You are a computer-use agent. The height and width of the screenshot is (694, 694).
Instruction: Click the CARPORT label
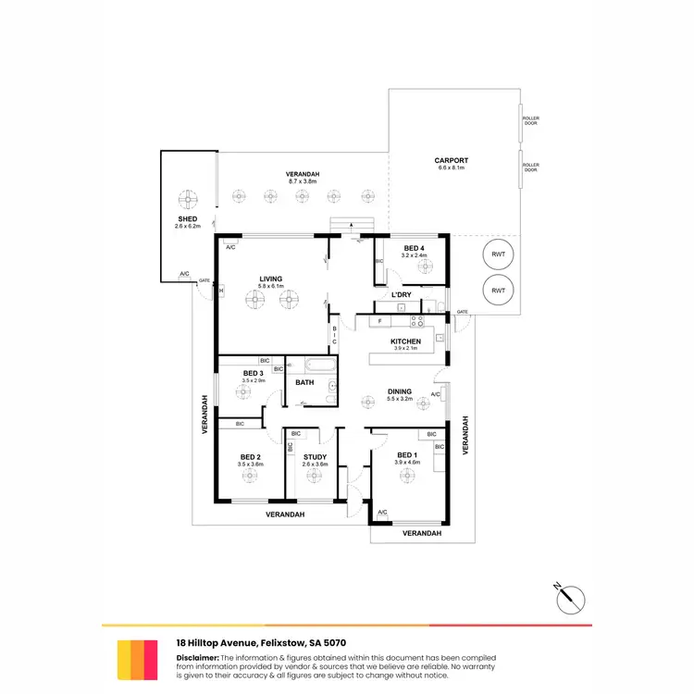(451, 160)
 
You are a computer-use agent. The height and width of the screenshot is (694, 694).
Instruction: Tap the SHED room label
(187, 219)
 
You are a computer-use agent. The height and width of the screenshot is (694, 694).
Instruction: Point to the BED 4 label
(414, 248)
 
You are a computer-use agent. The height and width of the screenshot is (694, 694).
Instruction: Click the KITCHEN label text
(405, 341)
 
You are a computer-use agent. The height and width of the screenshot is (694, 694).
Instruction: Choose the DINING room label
(400, 391)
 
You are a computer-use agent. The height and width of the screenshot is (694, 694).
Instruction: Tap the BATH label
(304, 381)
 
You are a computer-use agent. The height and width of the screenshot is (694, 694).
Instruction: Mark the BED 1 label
(405, 455)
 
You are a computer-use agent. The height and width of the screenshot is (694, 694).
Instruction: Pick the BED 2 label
(251, 456)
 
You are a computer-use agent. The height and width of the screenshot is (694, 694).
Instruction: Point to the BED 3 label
(253, 373)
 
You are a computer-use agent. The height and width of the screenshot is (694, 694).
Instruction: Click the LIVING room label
(270, 279)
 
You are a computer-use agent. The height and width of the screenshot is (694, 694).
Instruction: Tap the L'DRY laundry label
(401, 294)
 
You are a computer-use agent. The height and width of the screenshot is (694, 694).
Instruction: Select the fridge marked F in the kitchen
(379, 321)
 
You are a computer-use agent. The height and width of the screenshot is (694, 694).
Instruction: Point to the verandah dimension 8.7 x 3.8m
(303, 182)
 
